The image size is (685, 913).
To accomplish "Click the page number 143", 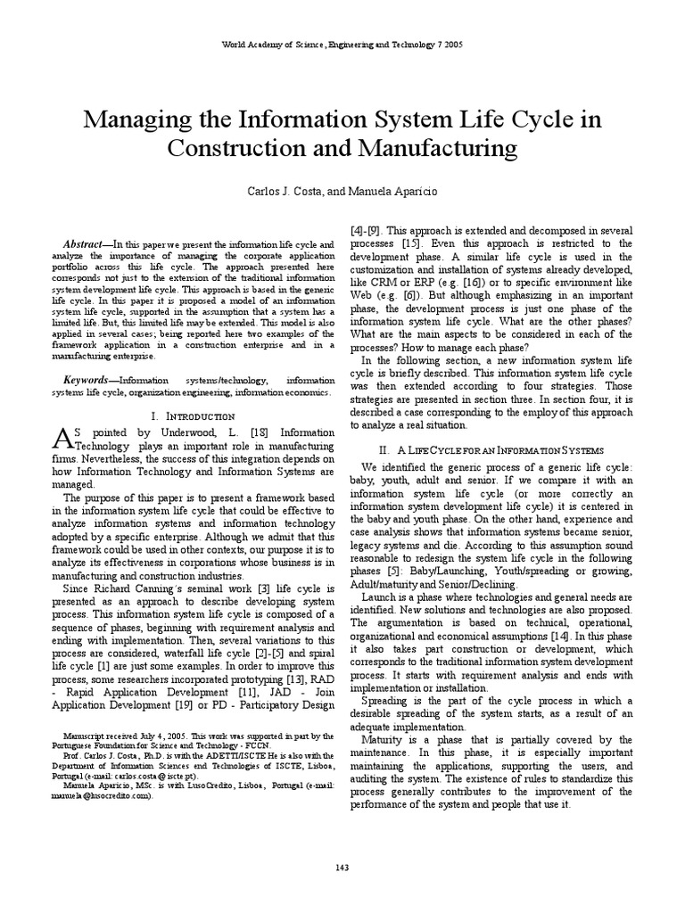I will [342, 867].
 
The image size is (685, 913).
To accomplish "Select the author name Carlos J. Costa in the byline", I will [280, 191].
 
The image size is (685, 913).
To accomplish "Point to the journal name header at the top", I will [342, 45].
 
